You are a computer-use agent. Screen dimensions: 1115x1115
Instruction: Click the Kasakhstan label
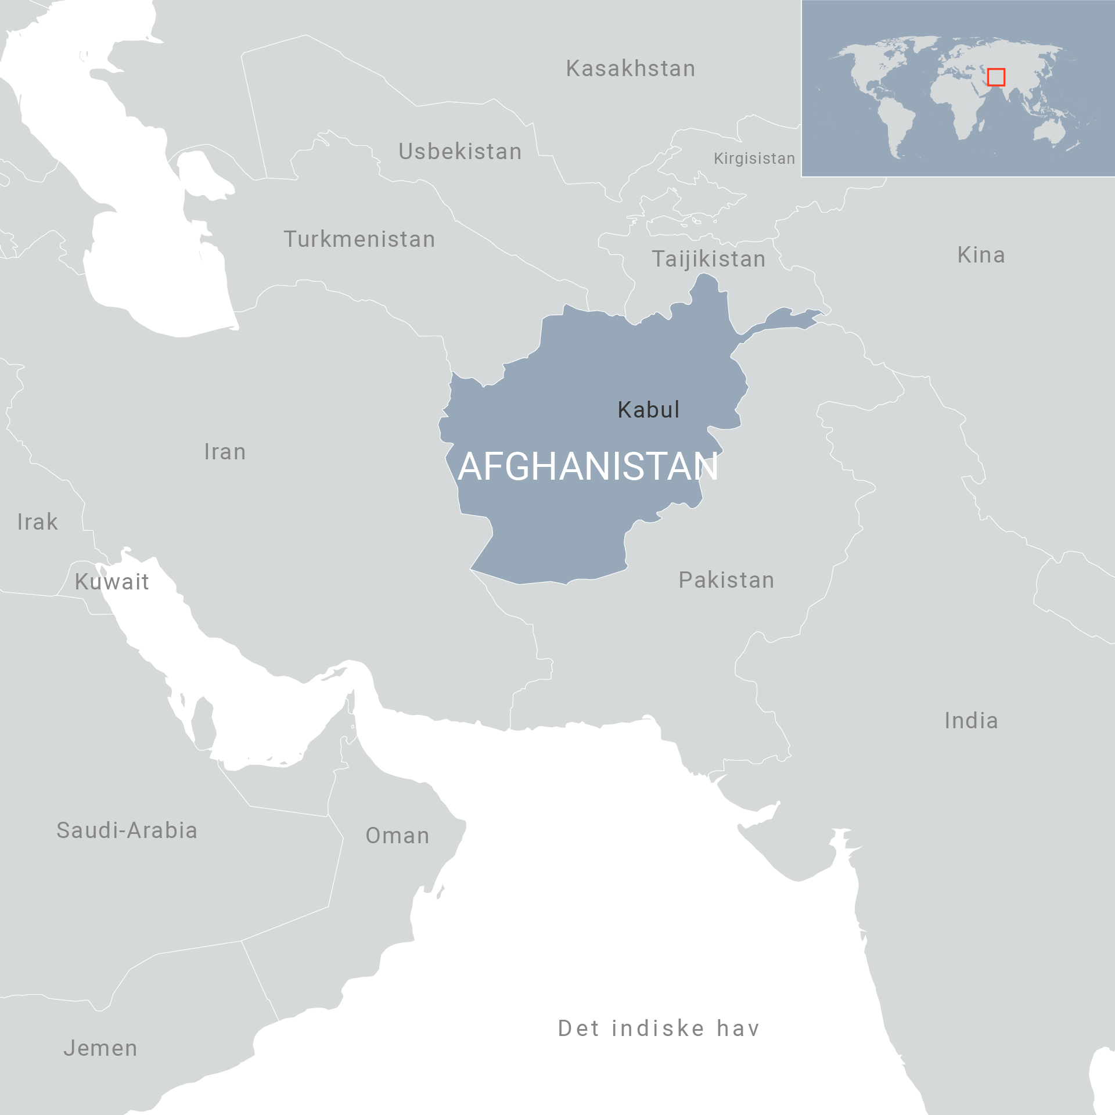[631, 69]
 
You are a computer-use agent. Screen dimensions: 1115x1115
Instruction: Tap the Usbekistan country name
[460, 152]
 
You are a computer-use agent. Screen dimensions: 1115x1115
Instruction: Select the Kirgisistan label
[754, 159]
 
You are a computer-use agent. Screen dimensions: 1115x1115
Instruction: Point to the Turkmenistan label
[359, 239]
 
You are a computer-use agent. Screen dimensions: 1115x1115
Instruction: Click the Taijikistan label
[708, 259]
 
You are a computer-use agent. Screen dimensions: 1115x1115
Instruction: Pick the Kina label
[981, 255]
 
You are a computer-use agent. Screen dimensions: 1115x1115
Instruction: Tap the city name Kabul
[648, 410]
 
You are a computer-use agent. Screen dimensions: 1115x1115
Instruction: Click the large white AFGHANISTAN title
[588, 466]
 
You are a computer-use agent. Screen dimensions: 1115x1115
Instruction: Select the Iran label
[225, 452]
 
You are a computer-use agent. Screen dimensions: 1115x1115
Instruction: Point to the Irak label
[38, 522]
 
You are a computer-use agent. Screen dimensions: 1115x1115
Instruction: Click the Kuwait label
[112, 582]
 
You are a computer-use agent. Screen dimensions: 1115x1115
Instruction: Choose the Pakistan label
[726, 580]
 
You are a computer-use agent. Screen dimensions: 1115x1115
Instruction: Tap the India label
[972, 721]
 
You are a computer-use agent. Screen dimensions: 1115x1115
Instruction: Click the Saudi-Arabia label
[127, 830]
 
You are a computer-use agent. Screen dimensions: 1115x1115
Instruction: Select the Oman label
[398, 836]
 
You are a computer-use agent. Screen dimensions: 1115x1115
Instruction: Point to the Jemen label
[100, 1048]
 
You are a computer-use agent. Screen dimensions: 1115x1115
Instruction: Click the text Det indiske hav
[659, 1028]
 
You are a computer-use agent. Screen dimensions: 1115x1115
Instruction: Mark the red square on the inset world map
[996, 77]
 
